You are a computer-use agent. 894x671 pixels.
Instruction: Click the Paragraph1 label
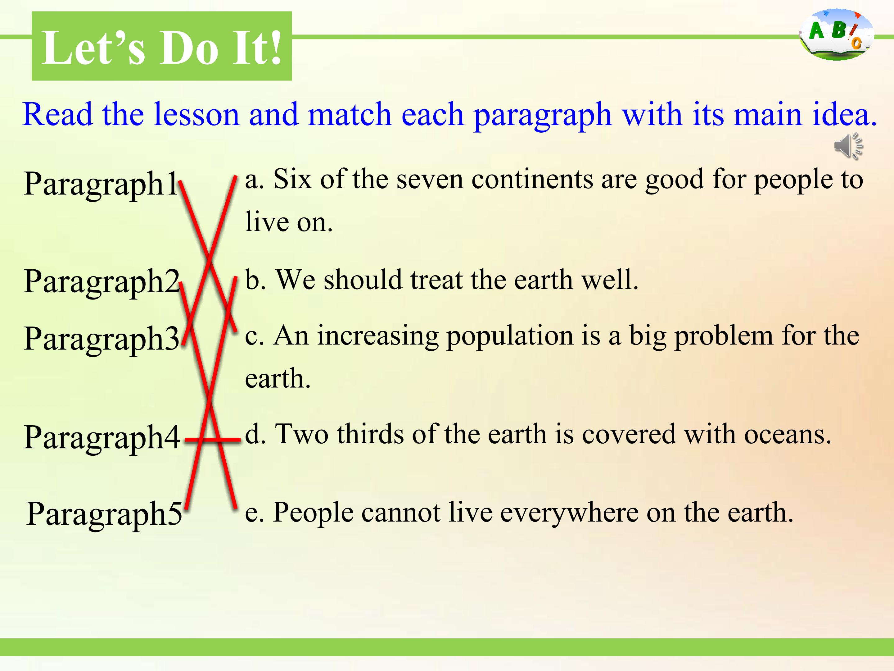(101, 184)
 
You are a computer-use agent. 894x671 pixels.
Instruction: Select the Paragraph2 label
(102, 282)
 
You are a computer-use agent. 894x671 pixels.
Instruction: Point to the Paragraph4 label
(102, 438)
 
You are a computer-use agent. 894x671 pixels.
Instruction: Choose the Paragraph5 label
(104, 514)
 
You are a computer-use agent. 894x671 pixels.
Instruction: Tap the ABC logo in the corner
(836, 35)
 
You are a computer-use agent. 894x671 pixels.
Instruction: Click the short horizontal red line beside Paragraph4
(213, 439)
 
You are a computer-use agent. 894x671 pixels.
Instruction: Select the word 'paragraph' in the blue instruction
(542, 116)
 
